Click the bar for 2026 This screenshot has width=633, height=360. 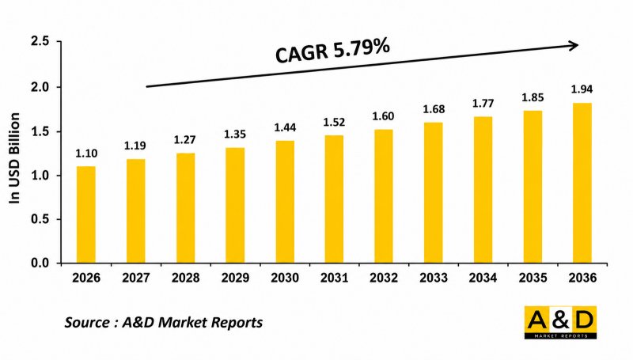pos(86,214)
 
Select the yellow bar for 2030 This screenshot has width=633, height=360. pos(285,202)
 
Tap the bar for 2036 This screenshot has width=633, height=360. pos(582,184)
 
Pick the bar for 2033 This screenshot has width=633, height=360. pos(433,193)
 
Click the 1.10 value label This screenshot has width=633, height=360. pos(86,153)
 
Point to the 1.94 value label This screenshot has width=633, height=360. pos(582,89)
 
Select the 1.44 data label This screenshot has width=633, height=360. pos(285,127)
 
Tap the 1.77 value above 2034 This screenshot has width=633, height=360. pos(483,104)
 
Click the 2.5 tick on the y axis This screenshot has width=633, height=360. pos(40,41)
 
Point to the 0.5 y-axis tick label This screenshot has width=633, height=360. pos(40,219)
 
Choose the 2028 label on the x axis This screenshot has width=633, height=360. pos(186,278)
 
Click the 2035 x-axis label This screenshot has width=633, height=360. pos(533,278)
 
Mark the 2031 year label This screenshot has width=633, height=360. pos(335,278)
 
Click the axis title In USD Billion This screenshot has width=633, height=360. pos(14,158)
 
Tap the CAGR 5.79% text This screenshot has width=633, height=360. pos(332,50)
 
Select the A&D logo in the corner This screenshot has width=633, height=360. pos(561,323)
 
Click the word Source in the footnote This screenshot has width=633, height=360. pos(87,323)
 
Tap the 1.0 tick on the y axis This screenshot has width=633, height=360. pos(40,176)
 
